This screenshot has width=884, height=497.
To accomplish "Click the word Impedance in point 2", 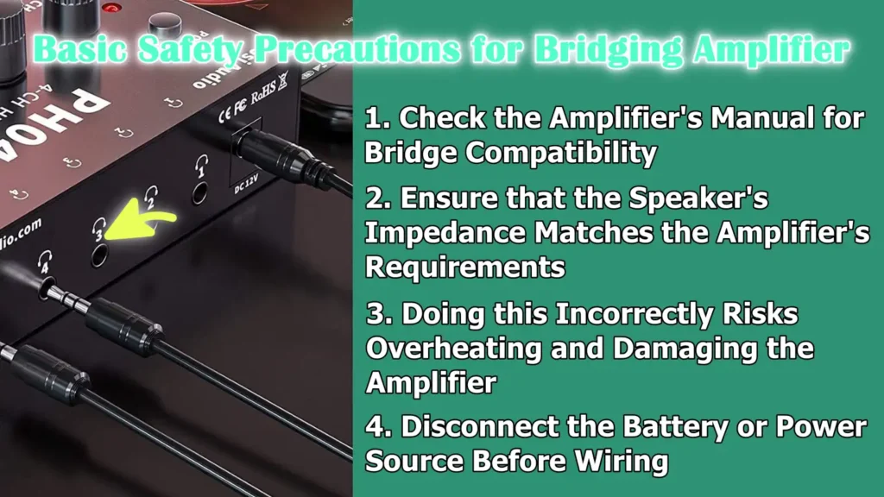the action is click(445, 233).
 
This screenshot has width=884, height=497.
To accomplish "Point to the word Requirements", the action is click(465, 267).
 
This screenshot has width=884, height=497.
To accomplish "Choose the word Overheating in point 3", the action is click(453, 349).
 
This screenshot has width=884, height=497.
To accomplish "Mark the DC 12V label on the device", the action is click(246, 184).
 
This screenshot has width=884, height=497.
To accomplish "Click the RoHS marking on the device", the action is click(263, 92).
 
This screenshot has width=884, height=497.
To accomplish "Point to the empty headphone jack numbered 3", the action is click(99, 255).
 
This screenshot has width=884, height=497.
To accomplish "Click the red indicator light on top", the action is click(113, 8).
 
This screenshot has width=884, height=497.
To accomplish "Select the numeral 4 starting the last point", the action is click(376, 426).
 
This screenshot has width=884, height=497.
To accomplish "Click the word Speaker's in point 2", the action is click(698, 198).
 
